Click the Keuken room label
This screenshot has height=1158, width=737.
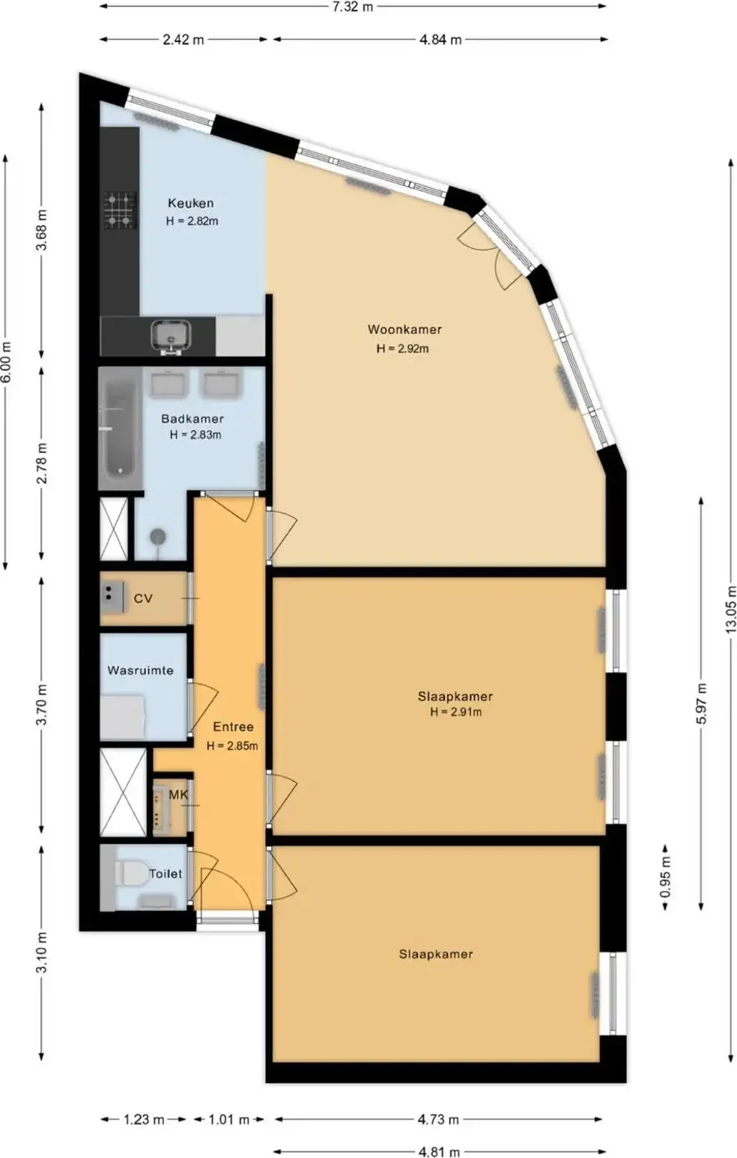[190, 203]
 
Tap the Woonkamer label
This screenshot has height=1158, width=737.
[404, 329]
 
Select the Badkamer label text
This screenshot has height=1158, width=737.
[192, 419]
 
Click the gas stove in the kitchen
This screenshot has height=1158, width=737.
[121, 210]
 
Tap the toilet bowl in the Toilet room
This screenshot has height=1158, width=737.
[131, 873]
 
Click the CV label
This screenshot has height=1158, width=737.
[143, 598]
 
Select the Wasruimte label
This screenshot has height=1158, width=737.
[141, 671]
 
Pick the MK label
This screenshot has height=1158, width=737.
[179, 794]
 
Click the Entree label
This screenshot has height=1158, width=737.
[234, 727]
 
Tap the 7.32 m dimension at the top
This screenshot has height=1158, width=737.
[352, 7]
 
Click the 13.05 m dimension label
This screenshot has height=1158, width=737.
[730, 610]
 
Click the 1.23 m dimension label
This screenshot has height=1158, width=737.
[144, 1120]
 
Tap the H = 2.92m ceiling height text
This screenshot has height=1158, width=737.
[402, 349]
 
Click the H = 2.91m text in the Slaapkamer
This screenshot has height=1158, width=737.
[456, 712]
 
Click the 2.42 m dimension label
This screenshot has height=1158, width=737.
[184, 39]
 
